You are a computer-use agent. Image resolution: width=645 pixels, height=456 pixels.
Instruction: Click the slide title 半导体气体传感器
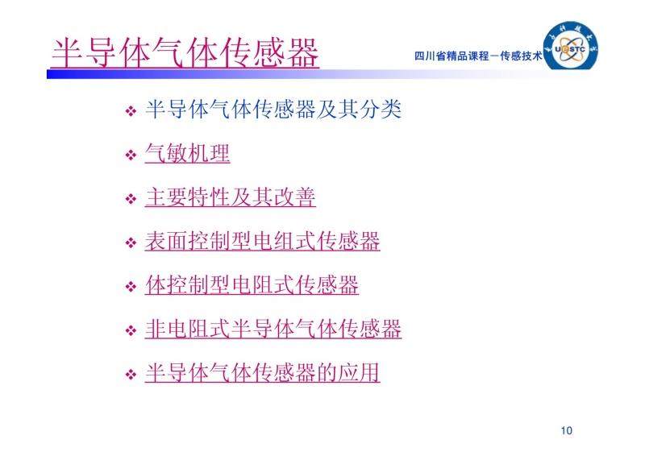[185, 52]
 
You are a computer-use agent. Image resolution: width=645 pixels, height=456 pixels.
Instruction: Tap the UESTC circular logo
[571, 46]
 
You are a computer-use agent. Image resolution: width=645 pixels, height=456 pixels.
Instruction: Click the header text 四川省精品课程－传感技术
[478, 56]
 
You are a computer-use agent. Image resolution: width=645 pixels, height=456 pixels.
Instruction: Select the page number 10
[567, 430]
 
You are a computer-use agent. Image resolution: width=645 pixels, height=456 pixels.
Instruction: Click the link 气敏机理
[187, 153]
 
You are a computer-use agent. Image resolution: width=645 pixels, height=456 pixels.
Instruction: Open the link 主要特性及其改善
[231, 197]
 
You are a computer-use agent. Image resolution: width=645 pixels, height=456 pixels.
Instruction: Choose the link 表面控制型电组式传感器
[263, 241]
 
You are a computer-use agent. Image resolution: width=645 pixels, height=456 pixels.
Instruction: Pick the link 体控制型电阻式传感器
[252, 285]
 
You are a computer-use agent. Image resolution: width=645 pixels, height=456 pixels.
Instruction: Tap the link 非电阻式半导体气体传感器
[273, 329]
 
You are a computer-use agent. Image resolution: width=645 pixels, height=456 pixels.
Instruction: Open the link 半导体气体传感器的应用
[263, 372]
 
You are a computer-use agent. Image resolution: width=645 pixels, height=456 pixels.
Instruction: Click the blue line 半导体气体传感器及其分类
[273, 110]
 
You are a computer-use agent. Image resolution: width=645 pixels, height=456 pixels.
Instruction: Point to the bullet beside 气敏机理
[131, 155]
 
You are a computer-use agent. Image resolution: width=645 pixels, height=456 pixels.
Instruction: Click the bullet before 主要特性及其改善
[131, 199]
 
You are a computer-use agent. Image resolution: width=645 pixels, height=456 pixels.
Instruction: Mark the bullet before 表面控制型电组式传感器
[131, 243]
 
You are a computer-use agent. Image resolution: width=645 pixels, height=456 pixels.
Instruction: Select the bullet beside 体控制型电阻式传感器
[131, 287]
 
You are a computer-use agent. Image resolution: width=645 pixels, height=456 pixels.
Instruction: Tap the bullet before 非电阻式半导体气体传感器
[131, 330]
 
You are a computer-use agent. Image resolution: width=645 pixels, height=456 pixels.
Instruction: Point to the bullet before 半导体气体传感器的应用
[131, 375]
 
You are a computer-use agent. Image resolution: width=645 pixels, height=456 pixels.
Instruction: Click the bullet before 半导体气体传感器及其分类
[131, 111]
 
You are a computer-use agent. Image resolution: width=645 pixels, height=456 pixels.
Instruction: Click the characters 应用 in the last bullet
[359, 372]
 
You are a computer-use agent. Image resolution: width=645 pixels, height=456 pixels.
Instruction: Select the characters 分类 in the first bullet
[380, 110]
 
